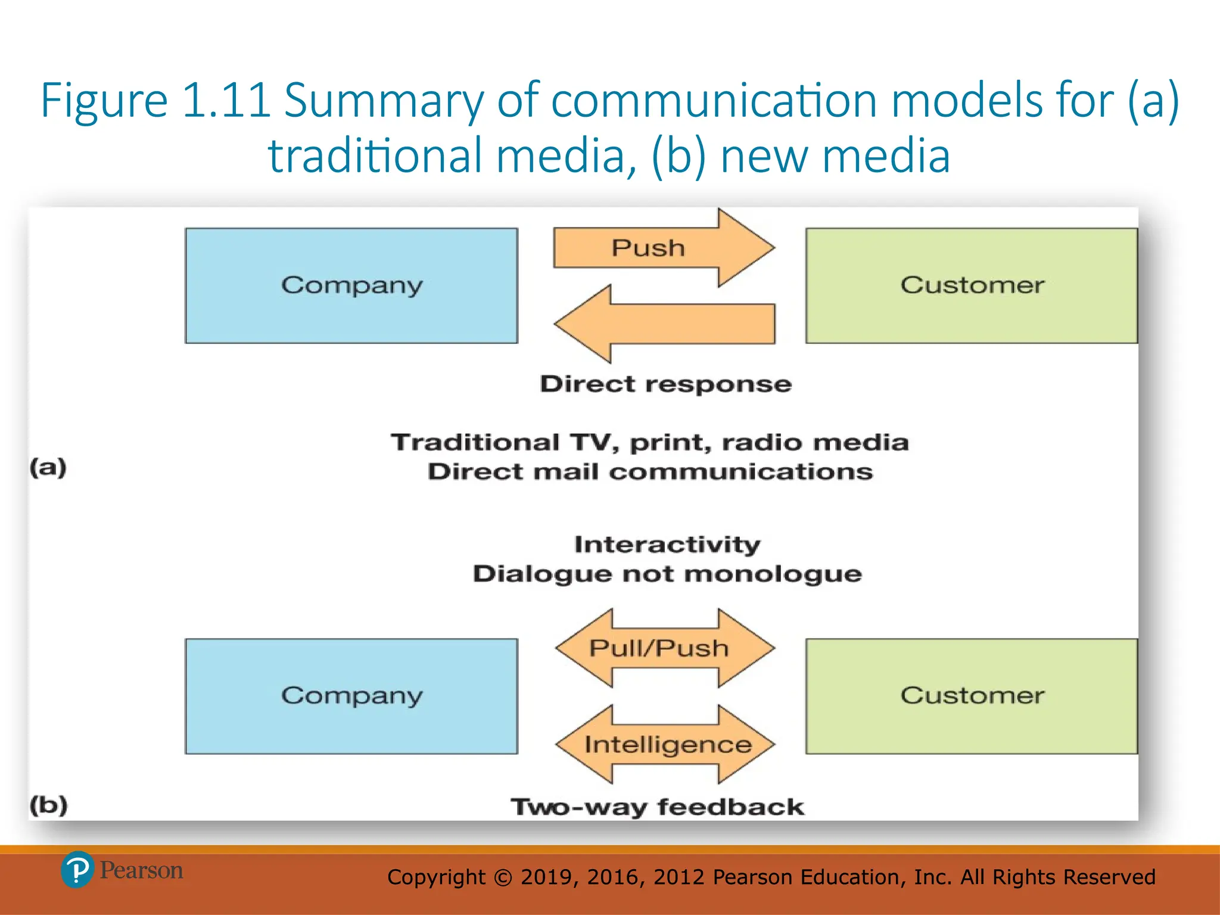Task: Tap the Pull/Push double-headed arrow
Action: (x=664, y=648)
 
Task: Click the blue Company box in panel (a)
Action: (x=351, y=285)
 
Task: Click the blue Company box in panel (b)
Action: (x=351, y=696)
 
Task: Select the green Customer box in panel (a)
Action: (x=972, y=285)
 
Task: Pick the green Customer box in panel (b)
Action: (x=972, y=696)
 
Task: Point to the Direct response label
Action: (x=665, y=384)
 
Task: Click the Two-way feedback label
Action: (x=657, y=807)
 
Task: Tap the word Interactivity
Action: (x=667, y=544)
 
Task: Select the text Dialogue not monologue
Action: (x=667, y=574)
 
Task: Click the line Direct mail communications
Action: (x=650, y=472)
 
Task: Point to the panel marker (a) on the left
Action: (x=48, y=467)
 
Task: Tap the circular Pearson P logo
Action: (x=77, y=870)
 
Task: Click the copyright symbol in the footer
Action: (x=503, y=877)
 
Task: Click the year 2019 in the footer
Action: (x=547, y=877)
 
